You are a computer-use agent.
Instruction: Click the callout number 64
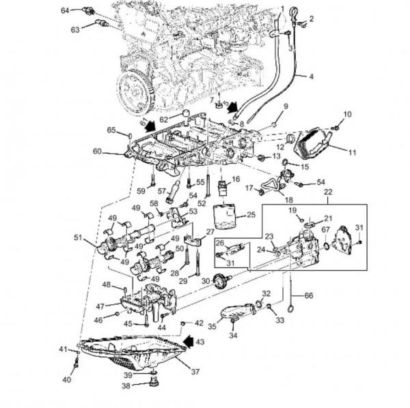pyautogui.click(x=65, y=10)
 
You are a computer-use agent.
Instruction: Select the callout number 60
pyautogui.click(x=97, y=151)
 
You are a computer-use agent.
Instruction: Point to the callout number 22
pyautogui.click(x=329, y=193)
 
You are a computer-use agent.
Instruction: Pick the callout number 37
pyautogui.click(x=195, y=372)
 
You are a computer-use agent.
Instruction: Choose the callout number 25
pyautogui.click(x=250, y=214)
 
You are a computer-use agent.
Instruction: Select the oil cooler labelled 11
pyautogui.click(x=317, y=143)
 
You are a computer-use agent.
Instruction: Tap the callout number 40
pyautogui.click(x=66, y=379)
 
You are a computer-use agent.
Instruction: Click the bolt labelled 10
pyautogui.click(x=336, y=128)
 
